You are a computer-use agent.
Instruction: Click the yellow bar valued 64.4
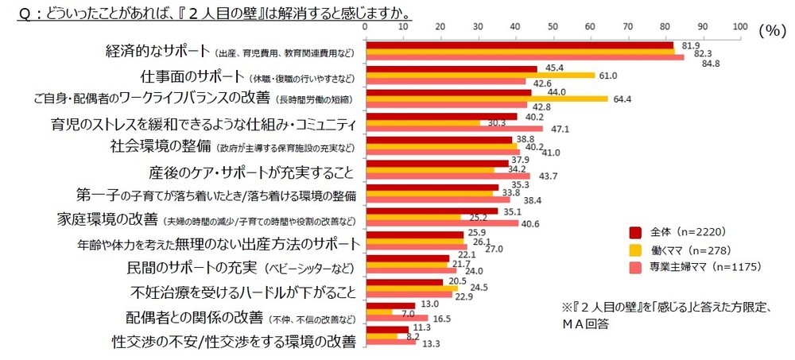tap(485, 99)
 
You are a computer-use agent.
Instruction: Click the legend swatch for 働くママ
tap(635, 250)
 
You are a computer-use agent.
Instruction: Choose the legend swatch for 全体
tap(635, 233)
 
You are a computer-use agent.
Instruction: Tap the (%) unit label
tap(771, 30)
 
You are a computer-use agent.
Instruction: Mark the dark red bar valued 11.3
tap(386, 329)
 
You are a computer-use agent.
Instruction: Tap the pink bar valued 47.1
tap(453, 129)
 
